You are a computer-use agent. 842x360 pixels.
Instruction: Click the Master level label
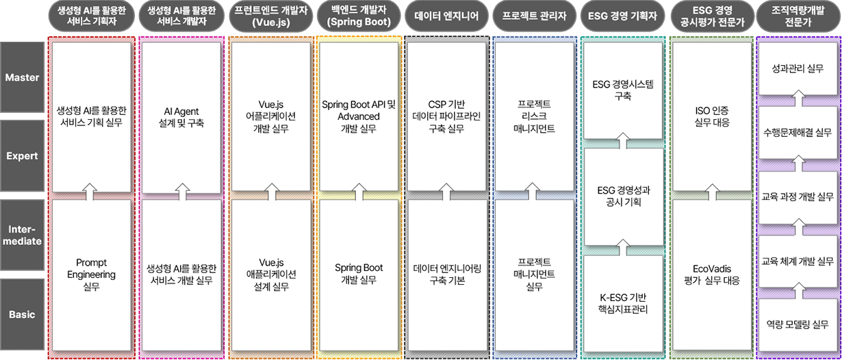coord(23,78)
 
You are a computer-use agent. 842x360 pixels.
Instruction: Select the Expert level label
coord(23,156)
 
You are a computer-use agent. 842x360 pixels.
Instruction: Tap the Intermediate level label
coord(23,234)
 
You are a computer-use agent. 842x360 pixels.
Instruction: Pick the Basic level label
coord(23,315)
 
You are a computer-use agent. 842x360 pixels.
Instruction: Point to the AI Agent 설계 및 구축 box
coord(181,116)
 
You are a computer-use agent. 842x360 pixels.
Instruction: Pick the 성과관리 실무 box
coord(797,69)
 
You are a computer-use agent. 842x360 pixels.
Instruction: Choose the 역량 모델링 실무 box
coord(797,326)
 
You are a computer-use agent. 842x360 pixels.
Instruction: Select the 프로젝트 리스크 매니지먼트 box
coord(533,116)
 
